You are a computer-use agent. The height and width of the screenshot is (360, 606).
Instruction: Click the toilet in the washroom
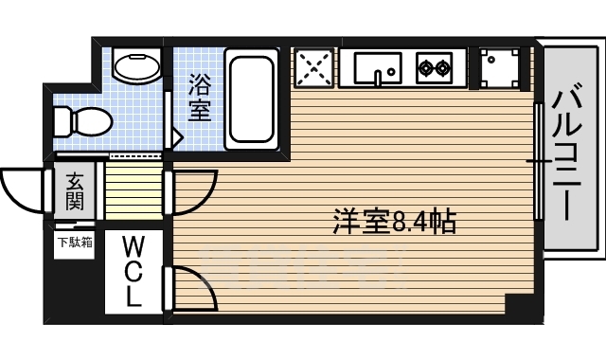pyautogui.click(x=80, y=121)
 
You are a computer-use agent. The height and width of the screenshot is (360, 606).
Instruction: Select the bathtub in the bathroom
pyautogui.click(x=251, y=99)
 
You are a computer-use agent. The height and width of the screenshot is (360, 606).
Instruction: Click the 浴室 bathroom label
pyautogui.click(x=199, y=97)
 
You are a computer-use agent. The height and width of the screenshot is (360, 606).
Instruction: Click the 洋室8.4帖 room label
pyautogui.click(x=395, y=222)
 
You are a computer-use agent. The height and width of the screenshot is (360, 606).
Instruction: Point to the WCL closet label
pyautogui.click(x=133, y=271)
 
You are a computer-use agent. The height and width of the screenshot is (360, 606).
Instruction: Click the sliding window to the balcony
pyautogui.click(x=539, y=161)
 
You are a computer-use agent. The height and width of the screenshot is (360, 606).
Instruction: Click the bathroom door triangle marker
pyautogui.click(x=175, y=136)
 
